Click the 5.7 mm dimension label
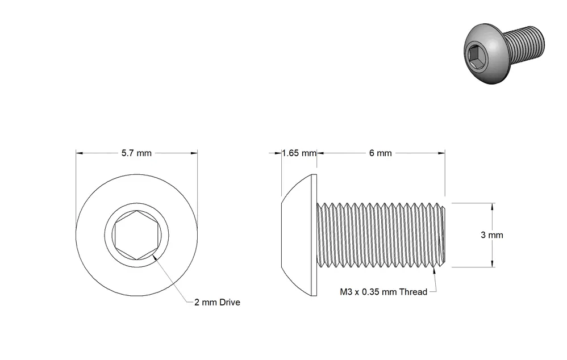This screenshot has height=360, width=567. pyautogui.click(x=136, y=153)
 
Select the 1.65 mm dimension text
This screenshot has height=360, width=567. pyautogui.click(x=299, y=153)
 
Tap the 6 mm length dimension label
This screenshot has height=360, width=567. pyautogui.click(x=381, y=153)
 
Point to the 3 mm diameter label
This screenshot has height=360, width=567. pyautogui.click(x=492, y=235)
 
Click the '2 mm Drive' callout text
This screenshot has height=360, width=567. pyautogui.click(x=217, y=302)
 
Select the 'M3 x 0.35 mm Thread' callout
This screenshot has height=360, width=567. pyautogui.click(x=383, y=292)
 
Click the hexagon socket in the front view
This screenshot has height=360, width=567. pyautogui.click(x=136, y=235)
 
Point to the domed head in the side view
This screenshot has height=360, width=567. pyautogui.click(x=299, y=235)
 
